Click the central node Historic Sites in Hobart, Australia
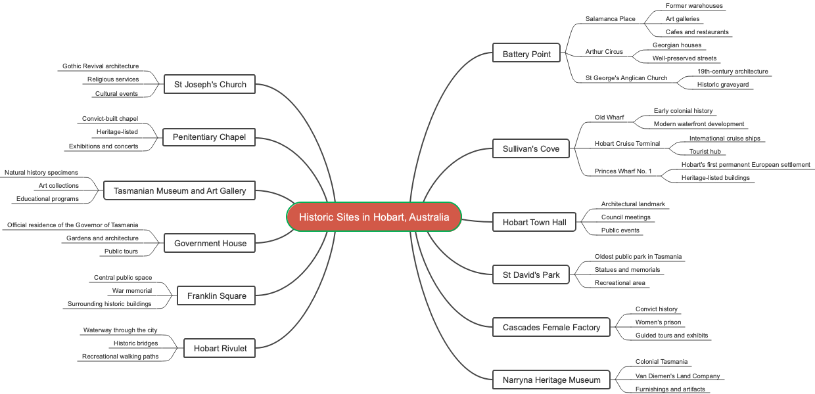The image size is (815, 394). [x=374, y=217]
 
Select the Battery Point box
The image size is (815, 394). [x=526, y=54]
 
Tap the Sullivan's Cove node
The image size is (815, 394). [x=531, y=148]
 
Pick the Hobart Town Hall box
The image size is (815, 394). [x=534, y=222]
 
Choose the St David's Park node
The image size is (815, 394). [x=531, y=274]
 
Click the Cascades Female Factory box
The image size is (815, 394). [x=551, y=327]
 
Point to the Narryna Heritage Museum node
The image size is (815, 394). [x=551, y=380]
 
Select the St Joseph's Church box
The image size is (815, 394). [x=210, y=84]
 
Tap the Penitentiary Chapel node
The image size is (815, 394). [x=209, y=137]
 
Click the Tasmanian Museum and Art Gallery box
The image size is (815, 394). [x=179, y=190]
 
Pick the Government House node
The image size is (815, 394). [x=210, y=243]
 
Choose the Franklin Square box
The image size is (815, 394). [x=216, y=295]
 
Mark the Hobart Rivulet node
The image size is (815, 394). [x=220, y=348]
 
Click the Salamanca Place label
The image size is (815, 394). [x=610, y=19]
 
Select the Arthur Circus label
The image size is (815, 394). [x=604, y=52]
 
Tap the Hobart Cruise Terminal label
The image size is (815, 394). [x=627, y=144]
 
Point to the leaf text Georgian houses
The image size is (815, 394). [x=676, y=45]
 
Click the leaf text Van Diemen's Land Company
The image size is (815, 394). [x=677, y=376]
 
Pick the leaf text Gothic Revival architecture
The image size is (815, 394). [x=101, y=66]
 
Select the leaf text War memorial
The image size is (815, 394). [x=132, y=291]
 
